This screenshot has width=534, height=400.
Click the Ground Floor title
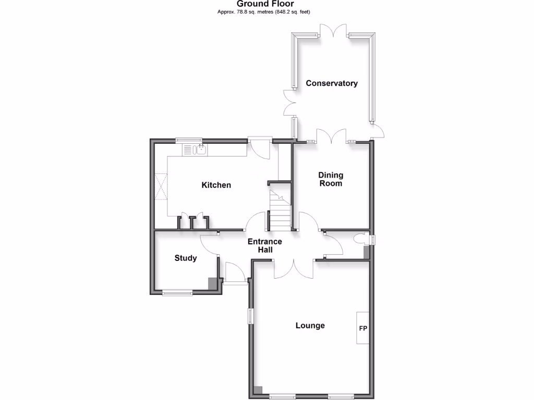tap(266, 4)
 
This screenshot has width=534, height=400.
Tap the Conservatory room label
tap(332, 83)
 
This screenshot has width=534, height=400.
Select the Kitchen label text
tap(216, 185)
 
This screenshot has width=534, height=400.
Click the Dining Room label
tap(331, 179)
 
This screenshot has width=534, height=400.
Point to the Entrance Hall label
tap(264, 246)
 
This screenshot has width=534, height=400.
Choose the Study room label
tap(186, 258)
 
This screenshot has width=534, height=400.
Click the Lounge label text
tap(310, 326)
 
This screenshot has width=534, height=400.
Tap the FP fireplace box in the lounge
tap(363, 329)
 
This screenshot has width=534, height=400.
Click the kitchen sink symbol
tap(199, 151)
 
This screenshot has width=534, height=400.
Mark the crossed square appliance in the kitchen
tap(161, 187)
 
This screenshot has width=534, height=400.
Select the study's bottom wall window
tap(177, 294)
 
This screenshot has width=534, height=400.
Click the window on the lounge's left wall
tap(250, 316)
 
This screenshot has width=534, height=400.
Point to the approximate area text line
tap(266, 11)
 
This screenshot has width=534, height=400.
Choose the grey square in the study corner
tap(213, 283)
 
